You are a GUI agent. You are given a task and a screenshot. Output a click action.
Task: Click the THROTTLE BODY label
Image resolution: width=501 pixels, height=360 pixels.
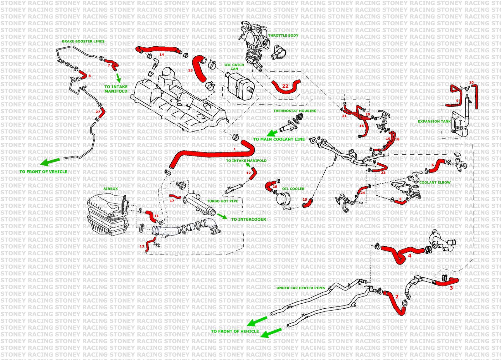283,36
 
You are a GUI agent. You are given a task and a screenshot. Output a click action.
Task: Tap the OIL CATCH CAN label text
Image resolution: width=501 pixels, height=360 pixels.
234,67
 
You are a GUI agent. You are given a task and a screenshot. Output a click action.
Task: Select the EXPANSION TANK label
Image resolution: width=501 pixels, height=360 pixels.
434,121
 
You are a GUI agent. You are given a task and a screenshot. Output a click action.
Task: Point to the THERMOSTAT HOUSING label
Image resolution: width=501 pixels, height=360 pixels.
295,111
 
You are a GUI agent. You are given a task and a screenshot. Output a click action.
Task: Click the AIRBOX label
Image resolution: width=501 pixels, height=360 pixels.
111,189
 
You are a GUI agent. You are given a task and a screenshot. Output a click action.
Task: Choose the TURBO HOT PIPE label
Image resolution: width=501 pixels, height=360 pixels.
222,201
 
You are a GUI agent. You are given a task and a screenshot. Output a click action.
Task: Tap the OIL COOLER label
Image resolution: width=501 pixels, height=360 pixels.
293,189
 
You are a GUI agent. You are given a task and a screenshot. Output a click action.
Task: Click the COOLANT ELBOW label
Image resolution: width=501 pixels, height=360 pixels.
435,183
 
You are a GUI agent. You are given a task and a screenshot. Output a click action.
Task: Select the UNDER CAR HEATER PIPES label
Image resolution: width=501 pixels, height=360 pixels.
301,288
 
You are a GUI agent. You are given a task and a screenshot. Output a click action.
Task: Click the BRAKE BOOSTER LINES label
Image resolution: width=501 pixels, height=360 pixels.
83,41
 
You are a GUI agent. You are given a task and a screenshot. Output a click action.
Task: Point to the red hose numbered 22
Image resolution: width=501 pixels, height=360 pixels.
285,86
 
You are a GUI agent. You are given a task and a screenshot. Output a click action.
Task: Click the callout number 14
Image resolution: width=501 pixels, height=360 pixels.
162,54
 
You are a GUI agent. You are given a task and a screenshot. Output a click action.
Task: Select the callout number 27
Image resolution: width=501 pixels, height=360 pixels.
98,112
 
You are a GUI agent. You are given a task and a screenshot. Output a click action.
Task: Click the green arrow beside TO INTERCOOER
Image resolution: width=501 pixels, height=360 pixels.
222,216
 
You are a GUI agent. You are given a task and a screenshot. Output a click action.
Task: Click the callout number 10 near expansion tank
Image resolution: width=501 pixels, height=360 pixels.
471,83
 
